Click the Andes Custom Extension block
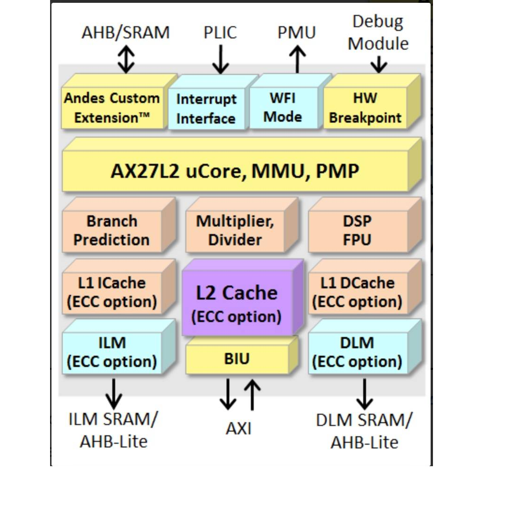[x=112, y=108]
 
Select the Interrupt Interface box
[x=206, y=109]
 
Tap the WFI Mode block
[x=283, y=108]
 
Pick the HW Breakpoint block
[x=365, y=108]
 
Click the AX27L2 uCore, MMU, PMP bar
[x=235, y=171]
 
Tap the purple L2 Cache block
[x=237, y=303]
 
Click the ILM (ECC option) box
[x=112, y=352]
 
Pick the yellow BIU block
[x=237, y=359]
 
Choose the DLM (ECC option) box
[x=357, y=352]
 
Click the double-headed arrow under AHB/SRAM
[x=125, y=59]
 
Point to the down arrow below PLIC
[x=220, y=59]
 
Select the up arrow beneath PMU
[x=297, y=59]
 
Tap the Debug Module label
[x=378, y=33]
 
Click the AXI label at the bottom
[x=239, y=428]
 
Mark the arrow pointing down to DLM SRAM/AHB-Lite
[x=364, y=394]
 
